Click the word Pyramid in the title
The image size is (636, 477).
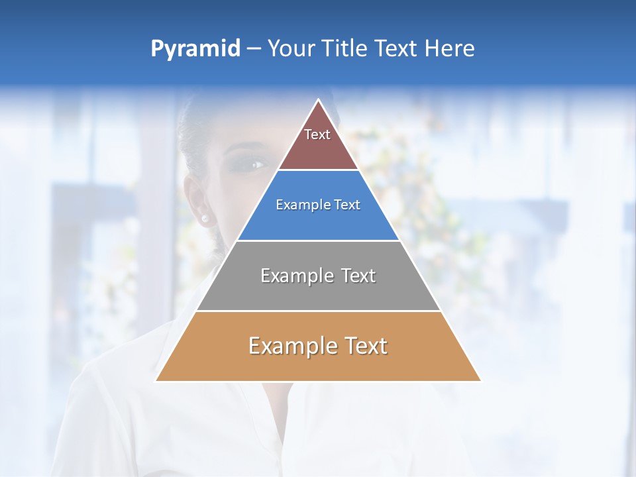pyautogui.click(x=195, y=49)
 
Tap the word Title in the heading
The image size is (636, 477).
pyautogui.click(x=345, y=49)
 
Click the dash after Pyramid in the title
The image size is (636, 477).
pyautogui.click(x=254, y=49)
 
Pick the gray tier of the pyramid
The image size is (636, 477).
pyautogui.click(x=318, y=291)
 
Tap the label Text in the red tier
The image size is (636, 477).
pyautogui.click(x=317, y=134)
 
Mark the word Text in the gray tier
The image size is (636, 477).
pyautogui.click(x=358, y=276)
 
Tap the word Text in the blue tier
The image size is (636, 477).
pyautogui.click(x=348, y=205)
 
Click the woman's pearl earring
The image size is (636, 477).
pyautogui.click(x=205, y=218)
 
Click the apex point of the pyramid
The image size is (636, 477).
pyautogui.click(x=319, y=101)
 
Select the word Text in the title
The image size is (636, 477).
pyautogui.click(x=396, y=49)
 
